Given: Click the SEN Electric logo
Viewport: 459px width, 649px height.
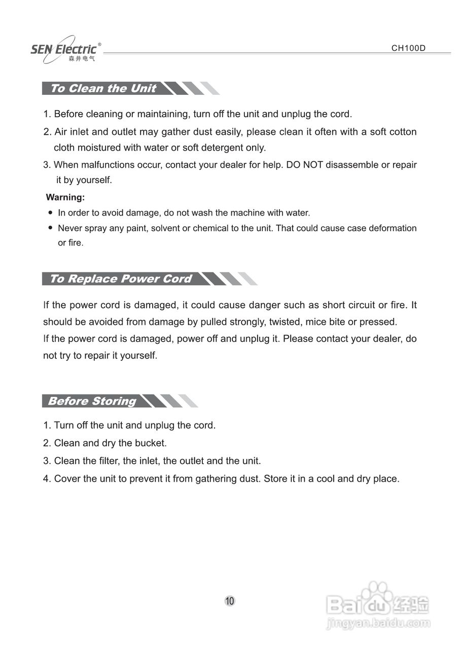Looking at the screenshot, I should pos(65,50).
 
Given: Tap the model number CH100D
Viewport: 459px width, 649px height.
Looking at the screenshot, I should pos(408,48).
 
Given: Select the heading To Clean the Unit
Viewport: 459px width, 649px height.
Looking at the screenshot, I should pos(103,88).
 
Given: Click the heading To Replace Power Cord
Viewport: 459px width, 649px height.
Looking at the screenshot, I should pos(121,279).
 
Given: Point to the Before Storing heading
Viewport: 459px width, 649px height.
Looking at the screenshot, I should pos(92,401).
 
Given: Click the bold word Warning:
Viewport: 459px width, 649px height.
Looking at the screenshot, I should pos(65,197).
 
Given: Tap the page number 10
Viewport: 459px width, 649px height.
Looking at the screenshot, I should pos(230,601).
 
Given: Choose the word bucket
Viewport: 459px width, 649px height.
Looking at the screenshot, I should pos(150,443).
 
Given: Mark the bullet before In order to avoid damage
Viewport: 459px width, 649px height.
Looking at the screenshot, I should pos(50,213).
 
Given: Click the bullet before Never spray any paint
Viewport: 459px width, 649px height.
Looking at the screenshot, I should pos(50,228).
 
